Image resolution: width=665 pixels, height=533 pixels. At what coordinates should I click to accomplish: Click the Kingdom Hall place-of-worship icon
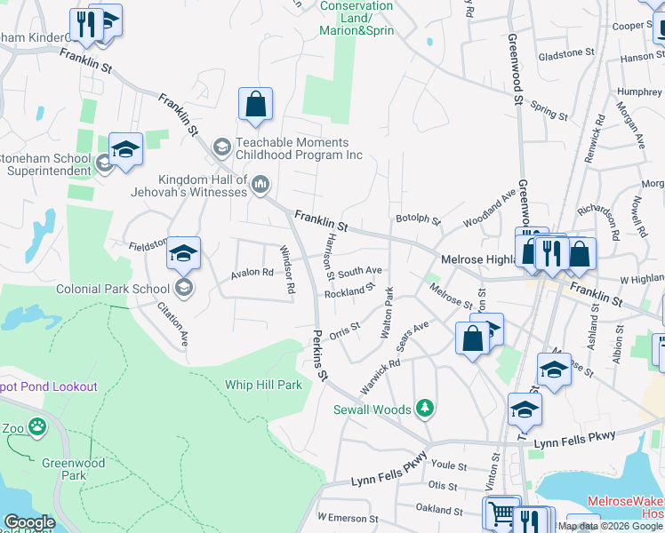[x=260, y=185]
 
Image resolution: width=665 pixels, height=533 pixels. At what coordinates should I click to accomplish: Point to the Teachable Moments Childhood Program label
[x=300, y=148]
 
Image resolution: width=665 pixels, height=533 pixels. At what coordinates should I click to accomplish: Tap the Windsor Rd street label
[x=286, y=270]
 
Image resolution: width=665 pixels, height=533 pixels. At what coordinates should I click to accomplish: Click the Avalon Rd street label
[x=253, y=273]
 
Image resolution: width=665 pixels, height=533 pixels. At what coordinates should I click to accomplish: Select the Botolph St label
[x=418, y=219]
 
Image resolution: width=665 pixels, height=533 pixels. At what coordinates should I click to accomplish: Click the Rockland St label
[x=346, y=291]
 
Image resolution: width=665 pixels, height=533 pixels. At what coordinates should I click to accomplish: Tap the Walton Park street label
[x=388, y=311]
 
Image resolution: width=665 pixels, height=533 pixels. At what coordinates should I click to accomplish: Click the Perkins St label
[x=320, y=352]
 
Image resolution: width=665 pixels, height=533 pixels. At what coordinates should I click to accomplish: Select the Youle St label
[x=449, y=465]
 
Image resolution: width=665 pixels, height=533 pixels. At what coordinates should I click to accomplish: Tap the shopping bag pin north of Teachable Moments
[x=255, y=105]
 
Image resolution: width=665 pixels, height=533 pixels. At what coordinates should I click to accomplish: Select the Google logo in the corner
[x=29, y=522]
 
